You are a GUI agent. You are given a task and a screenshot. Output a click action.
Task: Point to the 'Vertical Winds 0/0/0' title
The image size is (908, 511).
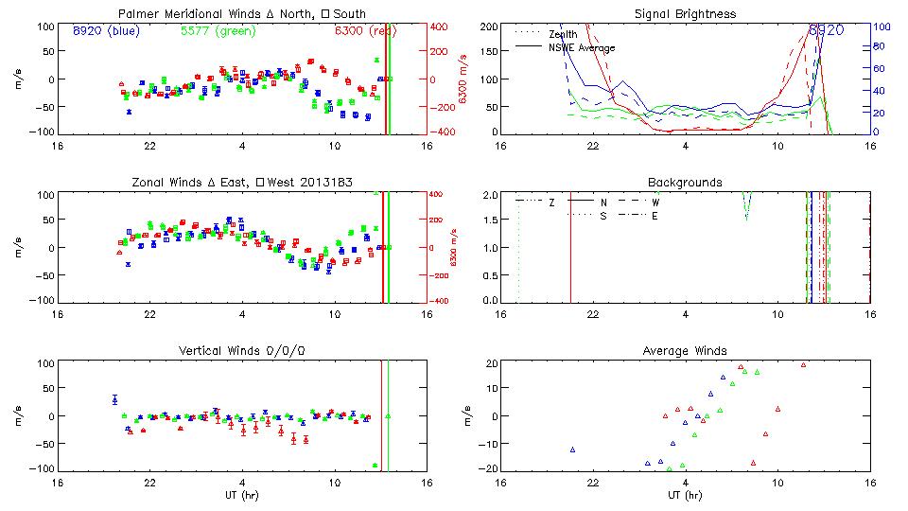pos(242,351)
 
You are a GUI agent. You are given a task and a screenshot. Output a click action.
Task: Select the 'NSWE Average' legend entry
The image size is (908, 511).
pos(582,47)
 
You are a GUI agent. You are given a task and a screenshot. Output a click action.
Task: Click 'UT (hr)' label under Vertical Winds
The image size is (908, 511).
pos(242,495)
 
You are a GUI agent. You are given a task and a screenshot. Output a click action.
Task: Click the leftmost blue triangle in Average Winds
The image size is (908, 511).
pos(572,449)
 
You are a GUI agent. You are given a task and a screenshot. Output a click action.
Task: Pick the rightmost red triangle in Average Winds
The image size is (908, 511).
pos(803,365)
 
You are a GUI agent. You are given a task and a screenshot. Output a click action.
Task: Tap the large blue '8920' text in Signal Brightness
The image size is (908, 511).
pos(826,30)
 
